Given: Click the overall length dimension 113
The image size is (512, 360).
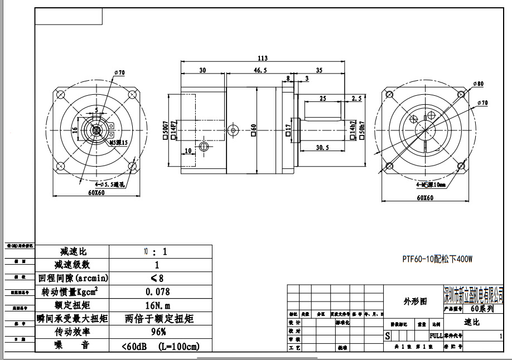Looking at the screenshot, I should tap(263, 58).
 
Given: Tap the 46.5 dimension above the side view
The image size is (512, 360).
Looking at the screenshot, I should tap(260, 71).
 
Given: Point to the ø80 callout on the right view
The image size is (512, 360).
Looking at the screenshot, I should tap(478, 84).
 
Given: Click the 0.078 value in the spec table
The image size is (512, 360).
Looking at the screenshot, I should tap(157, 291).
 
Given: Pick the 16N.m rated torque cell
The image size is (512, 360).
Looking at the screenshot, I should tap(157, 305).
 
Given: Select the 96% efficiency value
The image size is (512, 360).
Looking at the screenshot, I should tap(157, 332).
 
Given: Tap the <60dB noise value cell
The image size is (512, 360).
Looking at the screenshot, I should tap(160, 346).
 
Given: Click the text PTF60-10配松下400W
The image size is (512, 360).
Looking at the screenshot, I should tap(438, 259).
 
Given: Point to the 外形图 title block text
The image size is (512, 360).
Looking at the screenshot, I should tap(415, 301).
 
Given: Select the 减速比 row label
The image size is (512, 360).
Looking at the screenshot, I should tap(71, 252).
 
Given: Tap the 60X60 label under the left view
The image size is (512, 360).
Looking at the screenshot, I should tap(96, 193).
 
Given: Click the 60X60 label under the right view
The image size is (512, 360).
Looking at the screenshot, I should tap(425, 197).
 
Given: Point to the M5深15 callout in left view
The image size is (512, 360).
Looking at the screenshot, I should tap(118, 143).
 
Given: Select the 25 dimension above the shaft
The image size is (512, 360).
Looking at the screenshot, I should tap(322, 98).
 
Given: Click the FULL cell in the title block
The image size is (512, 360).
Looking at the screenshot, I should tap(436, 335).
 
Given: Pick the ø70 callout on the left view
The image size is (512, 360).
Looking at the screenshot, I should tap(119, 72).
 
